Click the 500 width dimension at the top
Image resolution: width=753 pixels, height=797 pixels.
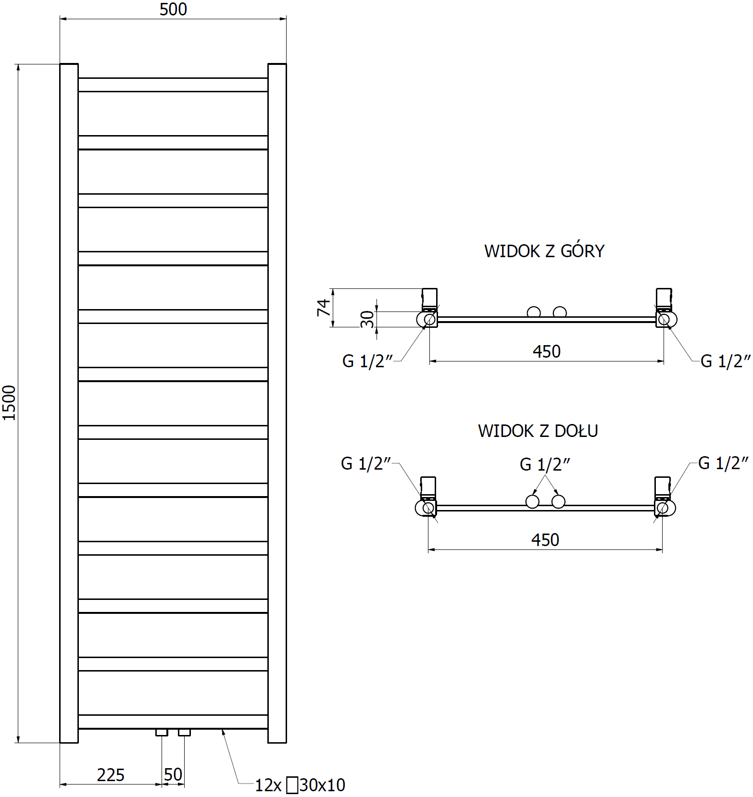click(173, 9)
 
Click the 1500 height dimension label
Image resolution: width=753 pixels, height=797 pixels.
click(9, 403)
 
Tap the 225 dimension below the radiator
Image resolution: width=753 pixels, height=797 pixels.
click(111, 775)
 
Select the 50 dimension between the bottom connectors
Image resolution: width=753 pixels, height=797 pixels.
click(173, 774)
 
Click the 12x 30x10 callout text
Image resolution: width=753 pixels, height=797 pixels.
click(300, 785)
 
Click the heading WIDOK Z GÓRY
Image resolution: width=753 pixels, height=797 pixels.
click(544, 251)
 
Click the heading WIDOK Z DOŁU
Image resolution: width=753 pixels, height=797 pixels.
click(538, 431)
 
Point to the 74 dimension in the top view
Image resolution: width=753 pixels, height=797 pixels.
click(324, 308)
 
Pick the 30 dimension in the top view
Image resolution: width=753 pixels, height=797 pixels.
click(367, 319)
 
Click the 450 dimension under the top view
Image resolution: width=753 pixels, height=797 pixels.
click(547, 351)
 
